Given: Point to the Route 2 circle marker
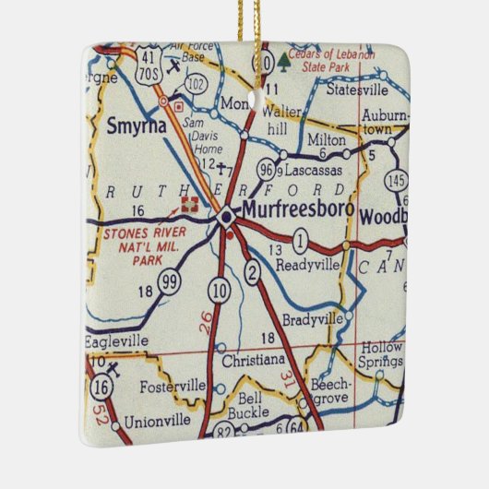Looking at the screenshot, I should pyautogui.click(x=252, y=270).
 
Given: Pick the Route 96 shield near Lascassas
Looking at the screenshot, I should pyautogui.click(x=267, y=171).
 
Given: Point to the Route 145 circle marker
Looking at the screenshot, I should pyautogui.click(x=399, y=180).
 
